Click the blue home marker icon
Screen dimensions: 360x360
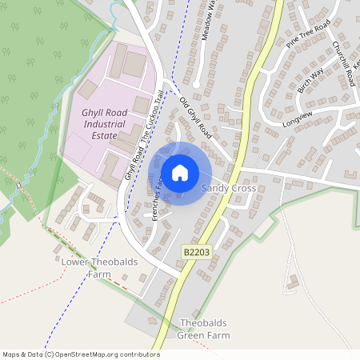[x=180, y=172]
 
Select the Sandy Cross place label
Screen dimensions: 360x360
[x=229, y=188]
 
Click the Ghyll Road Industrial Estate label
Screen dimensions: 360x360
[x=105, y=125]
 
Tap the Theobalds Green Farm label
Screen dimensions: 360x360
[x=203, y=329]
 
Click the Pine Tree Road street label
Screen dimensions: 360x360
[x=312, y=38]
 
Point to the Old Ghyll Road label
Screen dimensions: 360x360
[x=194, y=116]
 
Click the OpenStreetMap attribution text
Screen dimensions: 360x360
[x=81, y=354]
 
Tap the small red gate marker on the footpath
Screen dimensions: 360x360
[x=18, y=185]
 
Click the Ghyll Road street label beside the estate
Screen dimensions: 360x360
[x=132, y=161]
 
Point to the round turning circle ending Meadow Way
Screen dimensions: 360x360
[x=195, y=83]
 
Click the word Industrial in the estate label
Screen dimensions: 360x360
[x=105, y=125]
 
